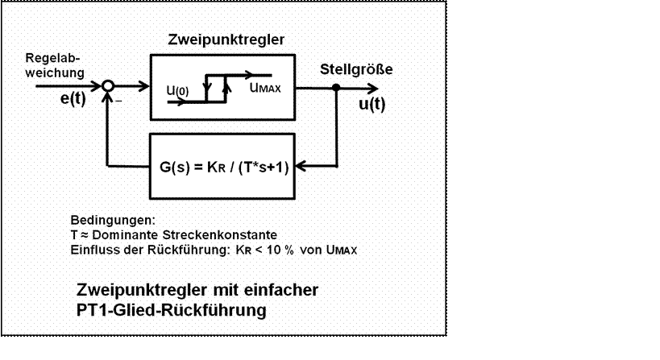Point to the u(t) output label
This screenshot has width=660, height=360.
coord(372,105)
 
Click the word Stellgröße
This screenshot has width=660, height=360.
coord(356,69)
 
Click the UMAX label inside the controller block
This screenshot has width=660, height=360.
coord(264,89)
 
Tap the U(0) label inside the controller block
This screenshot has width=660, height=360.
coord(177,91)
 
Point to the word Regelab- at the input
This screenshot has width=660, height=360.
coord(52,59)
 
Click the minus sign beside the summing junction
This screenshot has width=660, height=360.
coord(118,101)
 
